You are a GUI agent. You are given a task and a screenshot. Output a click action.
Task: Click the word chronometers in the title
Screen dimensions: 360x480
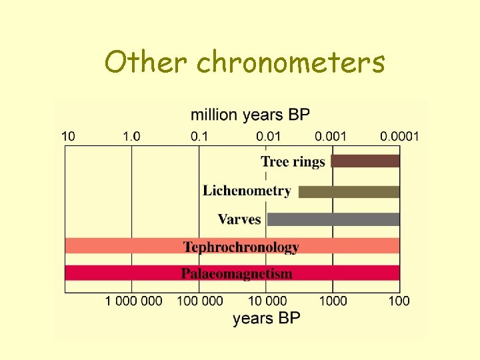tap(291, 63)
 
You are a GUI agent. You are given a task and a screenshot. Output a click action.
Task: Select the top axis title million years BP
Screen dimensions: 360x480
tap(251, 115)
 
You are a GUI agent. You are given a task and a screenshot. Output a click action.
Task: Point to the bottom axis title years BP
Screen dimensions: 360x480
tap(266, 318)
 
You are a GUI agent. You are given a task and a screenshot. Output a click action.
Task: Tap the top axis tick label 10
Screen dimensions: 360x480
tap(69, 137)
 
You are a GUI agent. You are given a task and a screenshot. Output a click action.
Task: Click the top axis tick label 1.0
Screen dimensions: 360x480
tap(131, 137)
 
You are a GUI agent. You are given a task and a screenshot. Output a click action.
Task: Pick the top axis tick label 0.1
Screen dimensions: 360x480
tap(199, 137)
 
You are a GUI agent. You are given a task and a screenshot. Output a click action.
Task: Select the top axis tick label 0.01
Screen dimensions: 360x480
tap(269, 137)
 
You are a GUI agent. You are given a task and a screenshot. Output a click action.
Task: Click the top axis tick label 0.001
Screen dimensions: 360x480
tap(331, 137)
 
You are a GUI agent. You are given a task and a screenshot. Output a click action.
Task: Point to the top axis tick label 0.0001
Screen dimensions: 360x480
tap(399, 137)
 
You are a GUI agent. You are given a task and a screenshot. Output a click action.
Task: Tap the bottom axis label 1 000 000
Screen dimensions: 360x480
tap(133, 301)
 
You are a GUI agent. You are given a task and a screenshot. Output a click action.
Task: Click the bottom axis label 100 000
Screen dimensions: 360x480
tap(200, 301)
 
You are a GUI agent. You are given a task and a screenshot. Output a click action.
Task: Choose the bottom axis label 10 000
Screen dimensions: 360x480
tap(267, 301)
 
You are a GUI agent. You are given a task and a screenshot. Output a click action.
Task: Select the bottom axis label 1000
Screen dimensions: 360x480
tap(333, 301)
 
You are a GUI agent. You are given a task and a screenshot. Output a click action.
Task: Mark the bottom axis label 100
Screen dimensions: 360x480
tap(399, 301)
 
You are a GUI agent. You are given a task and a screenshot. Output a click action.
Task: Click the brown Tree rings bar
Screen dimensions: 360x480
tap(365, 161)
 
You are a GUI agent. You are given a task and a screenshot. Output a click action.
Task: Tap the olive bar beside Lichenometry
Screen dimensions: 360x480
tap(349, 191)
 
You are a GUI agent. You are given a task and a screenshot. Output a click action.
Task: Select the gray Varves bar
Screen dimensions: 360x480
tap(333, 219)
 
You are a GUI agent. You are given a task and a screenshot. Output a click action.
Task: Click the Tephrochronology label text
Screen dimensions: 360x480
tap(241, 247)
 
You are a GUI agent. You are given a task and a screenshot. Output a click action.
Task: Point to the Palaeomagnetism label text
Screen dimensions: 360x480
tap(237, 273)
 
